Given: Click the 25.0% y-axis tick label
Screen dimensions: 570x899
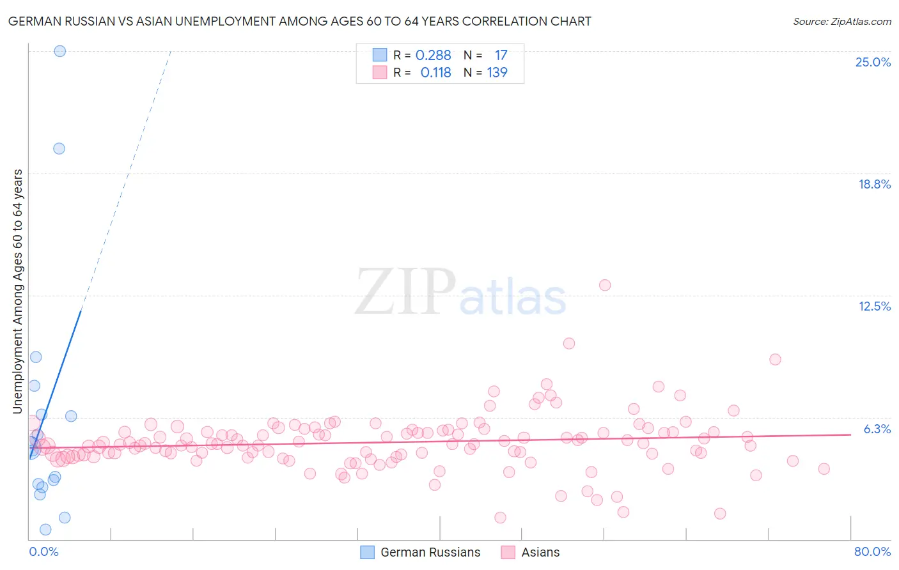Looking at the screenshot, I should click(873, 62).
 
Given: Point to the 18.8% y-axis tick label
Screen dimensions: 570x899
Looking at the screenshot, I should click(874, 184).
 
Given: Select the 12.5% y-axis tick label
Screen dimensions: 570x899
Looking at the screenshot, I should click(874, 306).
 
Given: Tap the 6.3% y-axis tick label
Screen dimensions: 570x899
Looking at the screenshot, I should click(877, 429).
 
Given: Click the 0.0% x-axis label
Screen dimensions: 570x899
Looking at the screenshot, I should click(43, 551).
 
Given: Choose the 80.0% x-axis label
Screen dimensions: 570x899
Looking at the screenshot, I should click(872, 551).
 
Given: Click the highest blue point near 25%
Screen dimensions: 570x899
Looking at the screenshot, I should click(59, 51).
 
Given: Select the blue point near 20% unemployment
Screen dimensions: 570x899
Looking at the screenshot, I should click(59, 148).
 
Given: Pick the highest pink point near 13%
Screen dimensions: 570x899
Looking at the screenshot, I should click(605, 285).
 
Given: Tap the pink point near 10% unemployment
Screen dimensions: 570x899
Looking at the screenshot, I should click(569, 343).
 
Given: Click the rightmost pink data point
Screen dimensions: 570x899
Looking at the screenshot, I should click(824, 469).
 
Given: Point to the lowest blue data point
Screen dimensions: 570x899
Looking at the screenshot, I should click(45, 529).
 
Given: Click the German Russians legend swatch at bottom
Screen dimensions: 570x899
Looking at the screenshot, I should click(367, 552).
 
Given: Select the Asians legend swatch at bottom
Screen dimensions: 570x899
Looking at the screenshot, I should click(508, 552).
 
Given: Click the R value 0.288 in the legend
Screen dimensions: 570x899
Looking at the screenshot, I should click(433, 56).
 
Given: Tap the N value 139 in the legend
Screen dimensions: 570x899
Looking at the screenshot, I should click(497, 73).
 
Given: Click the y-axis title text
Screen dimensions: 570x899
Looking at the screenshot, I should click(17, 291).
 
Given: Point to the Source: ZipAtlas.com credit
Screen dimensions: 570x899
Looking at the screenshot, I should click(841, 22).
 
